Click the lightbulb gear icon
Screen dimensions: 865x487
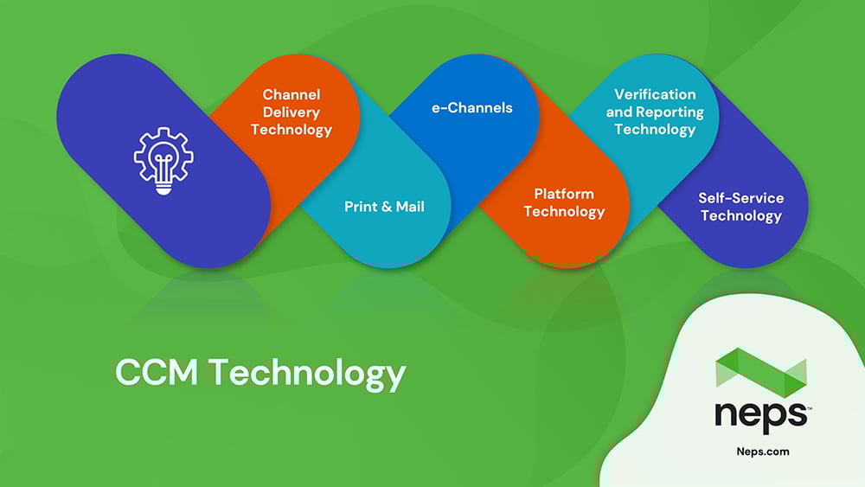(x=163, y=161)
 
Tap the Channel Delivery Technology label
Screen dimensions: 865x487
(x=292, y=112)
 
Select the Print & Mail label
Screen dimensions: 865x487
(x=385, y=207)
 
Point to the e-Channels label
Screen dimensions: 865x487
(x=472, y=107)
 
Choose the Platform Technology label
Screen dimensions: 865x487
(x=564, y=203)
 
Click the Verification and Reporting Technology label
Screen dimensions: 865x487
(x=655, y=112)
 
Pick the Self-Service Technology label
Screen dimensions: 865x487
(x=741, y=207)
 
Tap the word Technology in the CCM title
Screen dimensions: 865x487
(x=307, y=374)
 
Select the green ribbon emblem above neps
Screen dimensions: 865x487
(x=761, y=372)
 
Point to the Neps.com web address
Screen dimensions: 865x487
(x=763, y=452)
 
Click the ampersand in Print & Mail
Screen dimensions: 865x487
(x=387, y=207)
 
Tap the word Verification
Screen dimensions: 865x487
(x=655, y=94)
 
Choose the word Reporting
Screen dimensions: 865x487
(x=670, y=112)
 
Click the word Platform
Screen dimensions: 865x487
(x=564, y=194)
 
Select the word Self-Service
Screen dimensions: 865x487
(x=741, y=198)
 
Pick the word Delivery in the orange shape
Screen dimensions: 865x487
(x=292, y=112)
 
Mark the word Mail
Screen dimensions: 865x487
(x=410, y=207)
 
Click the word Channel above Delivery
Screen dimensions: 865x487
(x=292, y=95)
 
